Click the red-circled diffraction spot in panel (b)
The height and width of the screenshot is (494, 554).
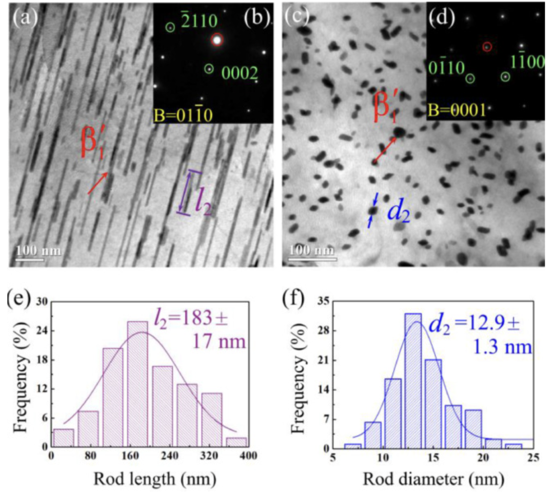pyautogui.click(x=217, y=39)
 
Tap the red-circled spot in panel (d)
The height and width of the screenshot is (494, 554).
pyautogui.click(x=487, y=47)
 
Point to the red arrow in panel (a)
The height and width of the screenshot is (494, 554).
pyautogui.click(x=97, y=184)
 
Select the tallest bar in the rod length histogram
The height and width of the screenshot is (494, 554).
pyautogui.click(x=137, y=384)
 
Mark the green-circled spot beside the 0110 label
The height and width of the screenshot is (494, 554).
pyautogui.click(x=471, y=78)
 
